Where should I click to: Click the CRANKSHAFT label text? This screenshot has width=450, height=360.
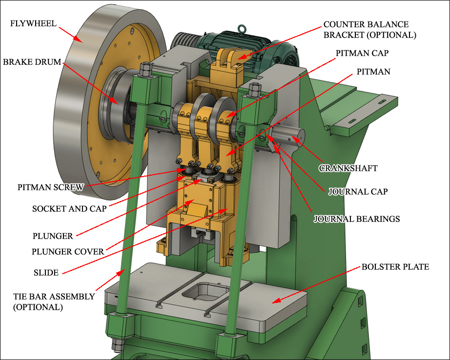pyautogui.click(x=348, y=168)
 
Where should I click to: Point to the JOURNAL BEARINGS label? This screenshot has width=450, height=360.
pyautogui.click(x=356, y=219)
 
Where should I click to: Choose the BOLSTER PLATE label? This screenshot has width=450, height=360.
pyautogui.click(x=395, y=267)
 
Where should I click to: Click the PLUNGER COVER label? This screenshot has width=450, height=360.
pyautogui.click(x=68, y=252)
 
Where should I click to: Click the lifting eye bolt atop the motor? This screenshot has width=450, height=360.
pyautogui.click(x=241, y=29)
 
